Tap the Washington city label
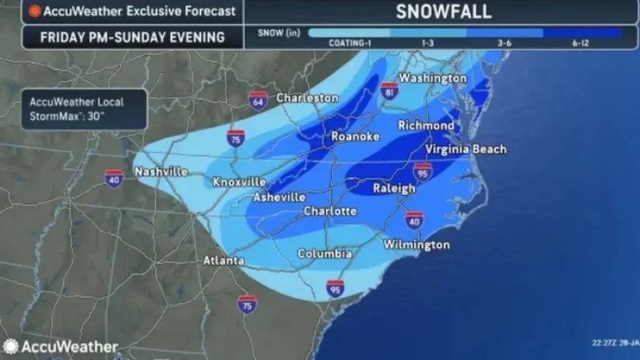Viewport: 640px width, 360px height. click(433, 78)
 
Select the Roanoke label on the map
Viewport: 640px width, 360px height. click(355, 137)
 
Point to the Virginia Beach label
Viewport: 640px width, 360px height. click(466, 149)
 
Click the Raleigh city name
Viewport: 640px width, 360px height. click(394, 188)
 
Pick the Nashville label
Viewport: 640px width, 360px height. click(161, 172)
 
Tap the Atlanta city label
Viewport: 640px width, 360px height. click(224, 261)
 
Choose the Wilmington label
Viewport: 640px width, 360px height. click(416, 244)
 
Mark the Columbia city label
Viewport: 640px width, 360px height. click(324, 254)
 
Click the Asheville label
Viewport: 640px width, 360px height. click(280, 197)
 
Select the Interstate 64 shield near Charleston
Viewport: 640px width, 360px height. click(257, 99)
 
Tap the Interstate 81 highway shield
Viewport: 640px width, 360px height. click(390, 90)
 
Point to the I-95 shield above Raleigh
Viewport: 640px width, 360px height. click(422, 172)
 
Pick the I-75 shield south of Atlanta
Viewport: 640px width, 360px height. click(247, 303)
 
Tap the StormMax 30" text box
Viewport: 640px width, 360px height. click(82, 108)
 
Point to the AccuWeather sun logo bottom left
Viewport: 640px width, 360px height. click(10, 346)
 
